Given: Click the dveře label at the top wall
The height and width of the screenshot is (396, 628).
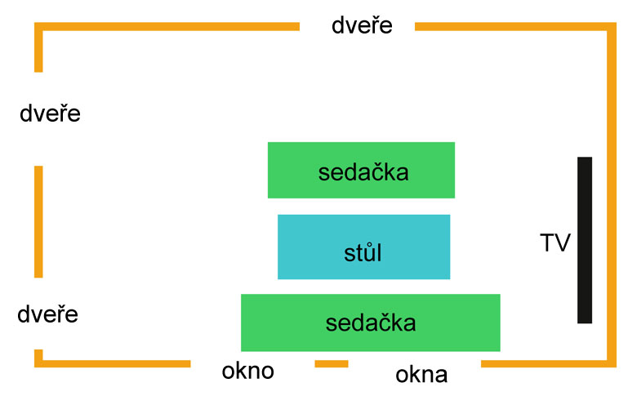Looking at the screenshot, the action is (362, 25).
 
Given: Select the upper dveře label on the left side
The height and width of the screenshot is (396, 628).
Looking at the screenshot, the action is (50, 113).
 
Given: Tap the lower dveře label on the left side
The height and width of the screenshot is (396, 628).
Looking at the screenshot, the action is (47, 314).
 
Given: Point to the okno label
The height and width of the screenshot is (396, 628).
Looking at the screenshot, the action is (248, 371).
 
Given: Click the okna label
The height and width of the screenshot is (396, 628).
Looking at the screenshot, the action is (421, 375).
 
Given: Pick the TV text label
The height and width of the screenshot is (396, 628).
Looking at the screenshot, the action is (555, 242).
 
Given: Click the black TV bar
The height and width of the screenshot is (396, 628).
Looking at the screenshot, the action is (585, 240).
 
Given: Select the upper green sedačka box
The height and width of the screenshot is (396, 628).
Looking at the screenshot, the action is (361, 170).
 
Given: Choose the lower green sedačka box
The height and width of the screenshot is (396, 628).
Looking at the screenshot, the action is (371, 323).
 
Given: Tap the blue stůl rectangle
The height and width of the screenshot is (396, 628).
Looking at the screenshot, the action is (363, 247).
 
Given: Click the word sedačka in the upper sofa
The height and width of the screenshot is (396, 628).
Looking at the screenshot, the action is (363, 172).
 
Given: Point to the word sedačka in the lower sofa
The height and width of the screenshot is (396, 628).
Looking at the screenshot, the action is (371, 323).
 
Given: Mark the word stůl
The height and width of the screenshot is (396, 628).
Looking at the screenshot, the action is (363, 252).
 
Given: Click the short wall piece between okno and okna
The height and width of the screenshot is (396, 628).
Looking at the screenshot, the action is (332, 363).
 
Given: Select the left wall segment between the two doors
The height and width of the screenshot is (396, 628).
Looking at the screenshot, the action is (38, 221).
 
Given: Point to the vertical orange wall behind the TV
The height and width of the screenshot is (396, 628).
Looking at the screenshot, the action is (612, 194).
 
